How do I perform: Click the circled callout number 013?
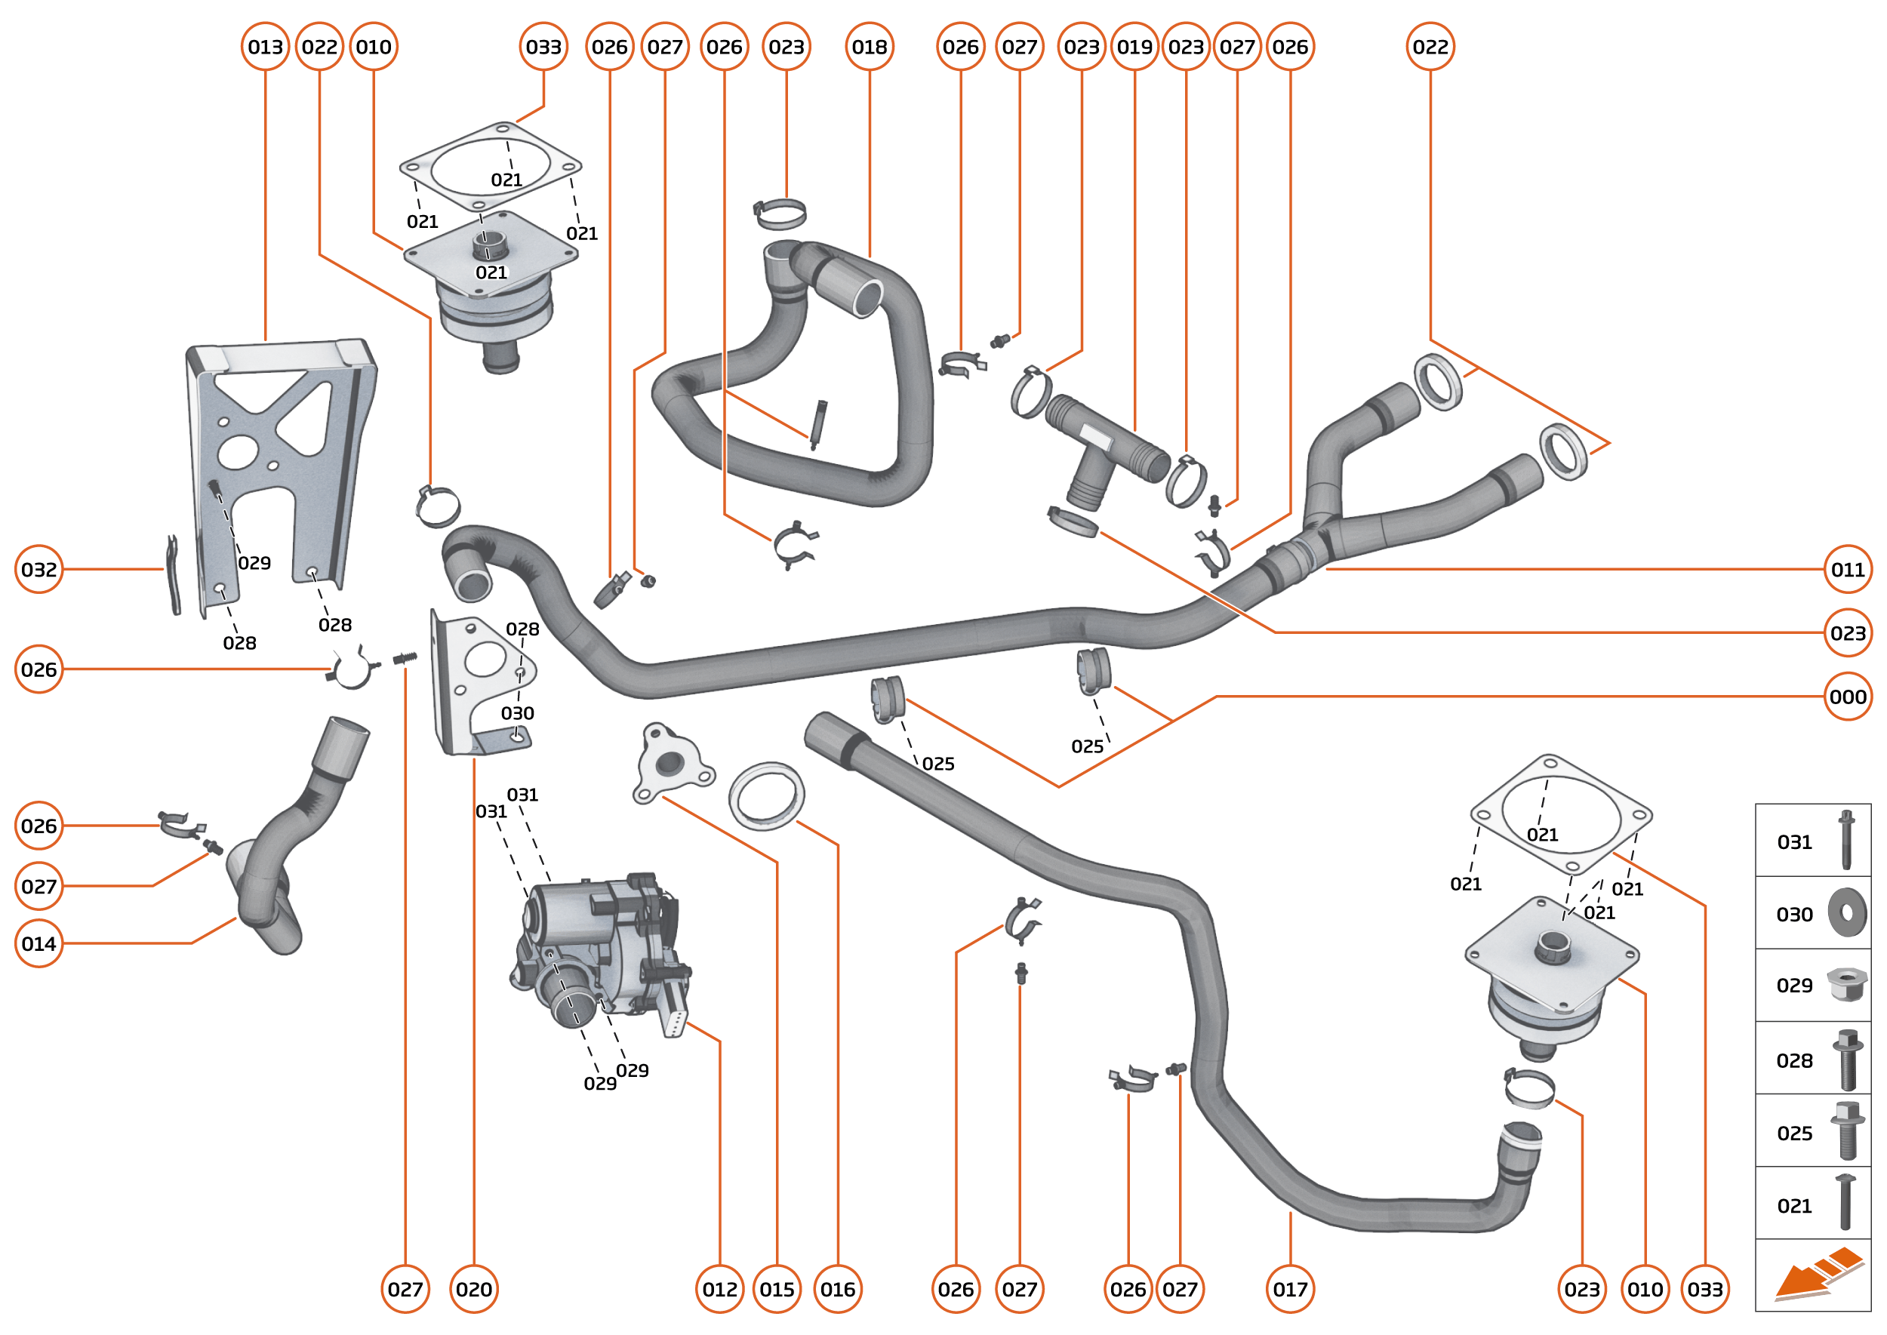(x=265, y=47)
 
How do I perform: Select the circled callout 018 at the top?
(x=869, y=47)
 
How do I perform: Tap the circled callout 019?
(x=1134, y=47)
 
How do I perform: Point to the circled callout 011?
(x=1847, y=569)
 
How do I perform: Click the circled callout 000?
(x=1847, y=697)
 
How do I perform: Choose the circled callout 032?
(x=38, y=569)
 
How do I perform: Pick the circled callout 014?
(x=38, y=943)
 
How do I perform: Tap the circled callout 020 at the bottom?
(x=473, y=1289)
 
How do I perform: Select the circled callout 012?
(x=719, y=1289)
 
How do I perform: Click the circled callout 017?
(x=1290, y=1289)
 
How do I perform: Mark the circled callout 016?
(x=837, y=1289)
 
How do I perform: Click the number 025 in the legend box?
(x=1794, y=1134)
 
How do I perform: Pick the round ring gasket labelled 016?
(x=766, y=795)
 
